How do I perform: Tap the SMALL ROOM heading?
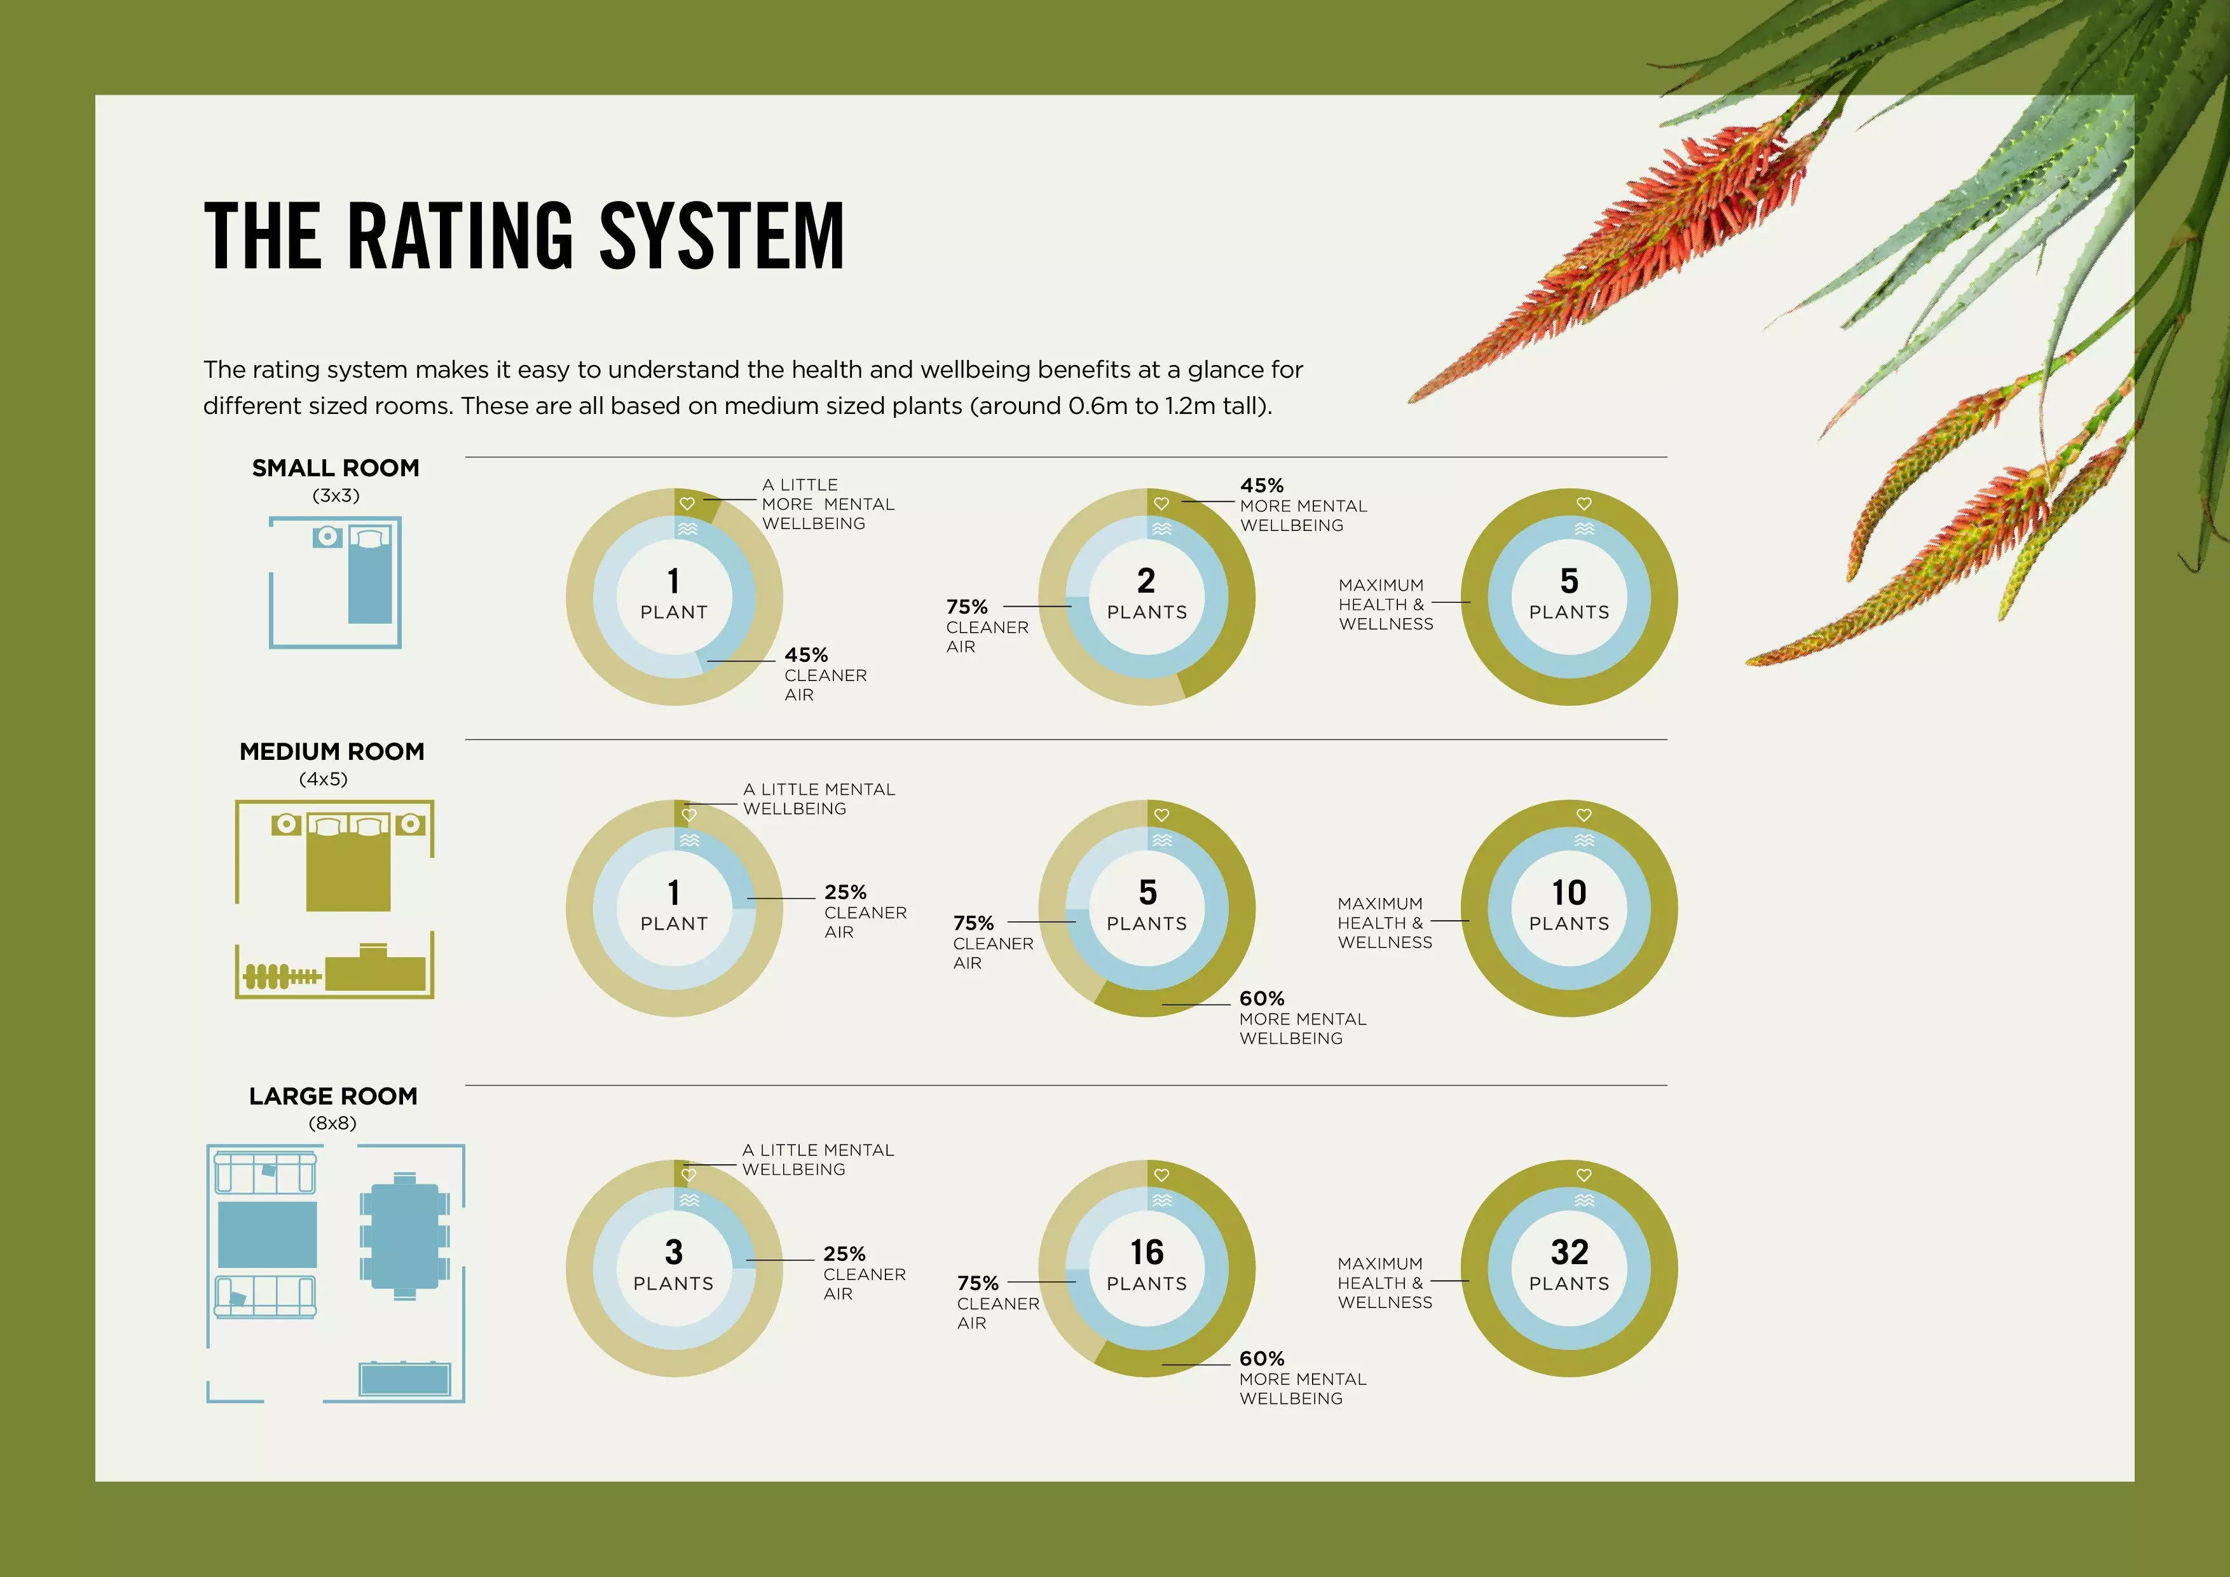tap(335, 469)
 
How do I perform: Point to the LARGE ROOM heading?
tap(333, 1096)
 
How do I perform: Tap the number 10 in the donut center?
tap(1569, 892)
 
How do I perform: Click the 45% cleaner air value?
tap(806, 655)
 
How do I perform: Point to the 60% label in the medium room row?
tap(1262, 999)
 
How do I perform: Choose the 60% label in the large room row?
tap(1262, 1358)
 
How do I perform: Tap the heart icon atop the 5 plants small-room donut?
tap(1584, 504)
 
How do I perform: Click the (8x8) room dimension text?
tap(333, 1123)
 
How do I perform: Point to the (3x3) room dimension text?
tap(336, 495)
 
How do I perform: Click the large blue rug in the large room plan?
tap(267, 1235)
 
